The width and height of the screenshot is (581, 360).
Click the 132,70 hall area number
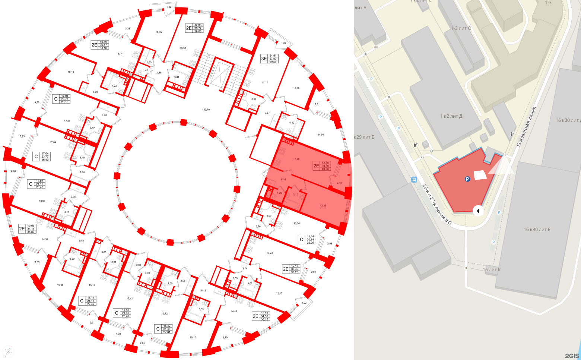pos(206,110)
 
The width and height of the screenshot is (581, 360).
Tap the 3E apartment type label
pos(264,59)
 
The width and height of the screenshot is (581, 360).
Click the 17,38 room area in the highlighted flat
pos(296,159)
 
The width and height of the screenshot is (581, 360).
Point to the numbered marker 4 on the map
pos(478,211)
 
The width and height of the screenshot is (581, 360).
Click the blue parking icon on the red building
pos(467,179)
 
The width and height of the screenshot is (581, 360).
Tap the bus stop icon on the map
pos(414,180)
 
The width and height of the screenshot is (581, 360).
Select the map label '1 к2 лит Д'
pos(451,116)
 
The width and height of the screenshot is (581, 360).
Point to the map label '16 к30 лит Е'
pos(537,230)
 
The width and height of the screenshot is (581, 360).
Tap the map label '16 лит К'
pos(492,270)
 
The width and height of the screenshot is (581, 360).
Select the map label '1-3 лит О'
pos(461,28)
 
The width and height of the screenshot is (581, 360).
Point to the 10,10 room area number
pos(193,338)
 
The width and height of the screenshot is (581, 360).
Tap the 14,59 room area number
pos(321,135)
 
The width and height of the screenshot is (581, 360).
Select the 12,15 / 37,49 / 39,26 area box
pos(295,269)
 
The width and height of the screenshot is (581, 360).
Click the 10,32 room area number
pos(296,88)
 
